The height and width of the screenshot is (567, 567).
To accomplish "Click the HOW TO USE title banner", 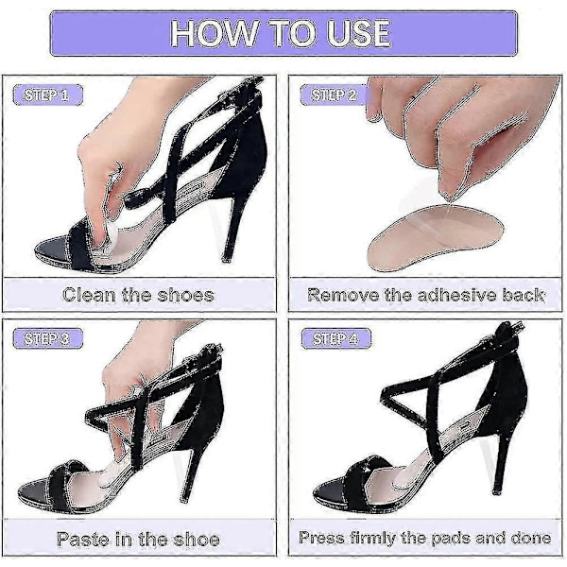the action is pyautogui.click(x=283, y=33).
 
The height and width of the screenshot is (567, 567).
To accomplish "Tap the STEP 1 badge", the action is pyautogui.click(x=48, y=94).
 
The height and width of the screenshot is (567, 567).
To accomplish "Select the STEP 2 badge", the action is pyautogui.click(x=335, y=94).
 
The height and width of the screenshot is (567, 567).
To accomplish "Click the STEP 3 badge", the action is pyautogui.click(x=48, y=338).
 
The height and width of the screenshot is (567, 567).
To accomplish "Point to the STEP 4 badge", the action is pyautogui.click(x=336, y=338).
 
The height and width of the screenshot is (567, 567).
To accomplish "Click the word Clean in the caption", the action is pyautogui.click(x=90, y=295).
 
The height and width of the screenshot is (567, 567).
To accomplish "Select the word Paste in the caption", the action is pyautogui.click(x=83, y=540).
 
